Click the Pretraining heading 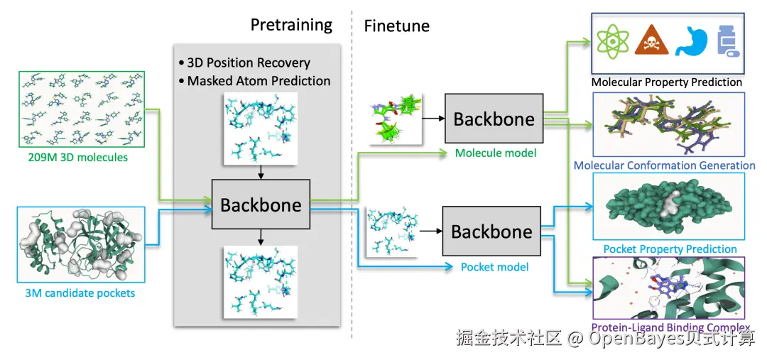click(291, 24)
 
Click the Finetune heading click(397, 26)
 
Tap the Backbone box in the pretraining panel click(261, 204)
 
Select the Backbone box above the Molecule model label click(494, 119)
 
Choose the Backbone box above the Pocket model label click(491, 231)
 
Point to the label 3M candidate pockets click(80, 293)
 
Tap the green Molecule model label click(496, 153)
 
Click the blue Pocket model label click(495, 267)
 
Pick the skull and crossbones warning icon click(651, 40)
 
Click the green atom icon click(612, 39)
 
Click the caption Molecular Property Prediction click(667, 82)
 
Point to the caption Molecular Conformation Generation click(664, 165)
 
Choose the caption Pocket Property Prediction click(670, 249)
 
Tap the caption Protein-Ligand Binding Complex click(670, 327)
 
